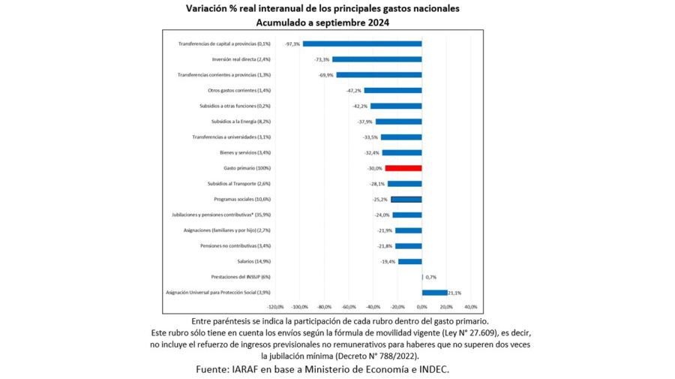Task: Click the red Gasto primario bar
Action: pos(403,168)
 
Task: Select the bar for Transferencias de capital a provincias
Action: pos(362,44)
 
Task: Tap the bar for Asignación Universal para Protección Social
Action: pos(434,293)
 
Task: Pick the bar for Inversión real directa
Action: pos(376,59)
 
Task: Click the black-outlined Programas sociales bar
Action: pos(406,200)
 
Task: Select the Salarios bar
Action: pos(409,261)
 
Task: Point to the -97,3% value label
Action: pos(292,44)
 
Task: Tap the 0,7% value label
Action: pos(430,277)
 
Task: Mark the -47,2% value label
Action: pos(355,91)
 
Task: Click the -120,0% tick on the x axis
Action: pos(275,307)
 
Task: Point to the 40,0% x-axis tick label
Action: pos(470,307)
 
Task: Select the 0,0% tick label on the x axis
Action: pos(421,307)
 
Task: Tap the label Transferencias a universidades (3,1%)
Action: pos(231,137)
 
